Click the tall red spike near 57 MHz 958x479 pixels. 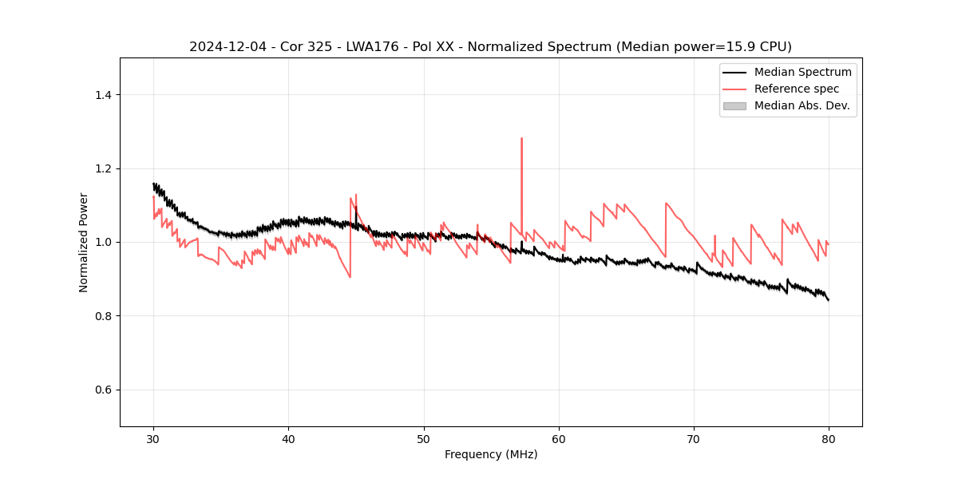[521, 139]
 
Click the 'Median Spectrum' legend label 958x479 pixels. [802, 72]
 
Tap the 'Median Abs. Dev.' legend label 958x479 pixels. [802, 105]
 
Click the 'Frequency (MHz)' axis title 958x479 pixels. [491, 454]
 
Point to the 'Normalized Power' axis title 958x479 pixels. [84, 242]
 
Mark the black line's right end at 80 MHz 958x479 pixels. [829, 300]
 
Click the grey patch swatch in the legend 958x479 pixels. [734, 105]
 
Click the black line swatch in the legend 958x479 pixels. [734, 72]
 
